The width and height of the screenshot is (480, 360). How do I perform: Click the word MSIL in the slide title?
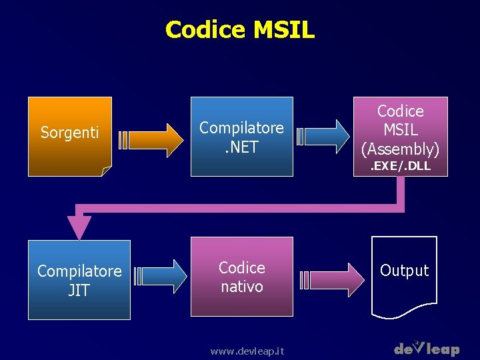coord(283,30)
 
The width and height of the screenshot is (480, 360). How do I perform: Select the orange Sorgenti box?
coord(69,136)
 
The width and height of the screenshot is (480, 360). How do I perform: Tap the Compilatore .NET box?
coord(242,137)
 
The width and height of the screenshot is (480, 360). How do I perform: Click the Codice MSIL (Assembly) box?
coord(400,130)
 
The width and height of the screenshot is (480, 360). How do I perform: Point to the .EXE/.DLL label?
coord(401,167)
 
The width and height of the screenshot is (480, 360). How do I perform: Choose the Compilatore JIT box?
coord(79,280)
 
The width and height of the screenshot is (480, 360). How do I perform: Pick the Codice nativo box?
coord(242,276)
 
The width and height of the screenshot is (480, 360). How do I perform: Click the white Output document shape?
coord(404,277)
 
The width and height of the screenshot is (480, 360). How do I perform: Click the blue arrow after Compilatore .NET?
coord(324,137)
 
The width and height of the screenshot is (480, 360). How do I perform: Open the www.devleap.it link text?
coord(247,351)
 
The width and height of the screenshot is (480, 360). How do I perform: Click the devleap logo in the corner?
coord(427,348)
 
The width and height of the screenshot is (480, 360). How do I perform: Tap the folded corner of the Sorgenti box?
coord(106,171)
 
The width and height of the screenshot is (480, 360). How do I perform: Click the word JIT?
coord(79,290)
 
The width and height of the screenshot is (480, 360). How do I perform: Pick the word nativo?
coord(242,286)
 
